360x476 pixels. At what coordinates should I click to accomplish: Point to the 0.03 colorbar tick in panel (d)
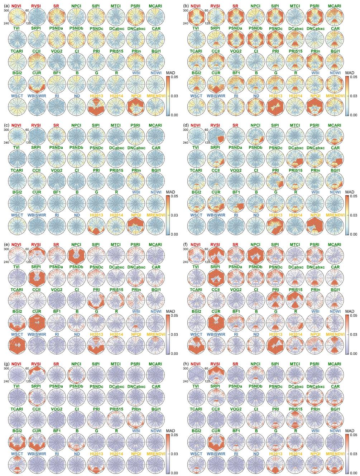pyautogui.click(x=354, y=215)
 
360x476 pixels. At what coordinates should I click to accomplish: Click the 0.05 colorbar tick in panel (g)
pyautogui.click(x=174, y=435)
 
